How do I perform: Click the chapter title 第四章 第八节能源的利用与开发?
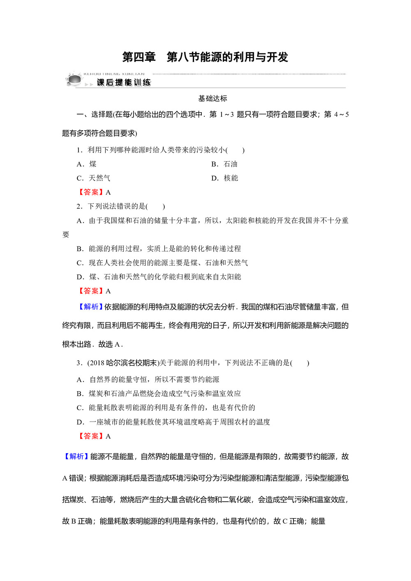coord(205,57)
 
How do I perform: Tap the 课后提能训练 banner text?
coord(124,82)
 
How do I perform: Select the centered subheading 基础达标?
coord(212,99)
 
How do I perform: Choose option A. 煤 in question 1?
coord(87,164)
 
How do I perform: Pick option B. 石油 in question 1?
coord(224,164)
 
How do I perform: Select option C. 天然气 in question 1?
coord(94,178)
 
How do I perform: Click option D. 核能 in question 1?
coord(225,178)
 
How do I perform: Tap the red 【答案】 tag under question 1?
coord(90,192)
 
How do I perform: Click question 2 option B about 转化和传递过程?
coord(159,249)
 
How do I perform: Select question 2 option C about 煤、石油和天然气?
coord(162,263)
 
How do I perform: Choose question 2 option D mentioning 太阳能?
coord(159,277)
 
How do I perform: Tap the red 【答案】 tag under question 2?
coord(90,291)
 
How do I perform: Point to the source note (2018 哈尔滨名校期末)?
coord(123,363)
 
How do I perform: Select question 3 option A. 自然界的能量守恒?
coord(148,379)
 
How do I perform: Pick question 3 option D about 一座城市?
coord(173,422)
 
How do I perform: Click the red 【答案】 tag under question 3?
coord(90,436)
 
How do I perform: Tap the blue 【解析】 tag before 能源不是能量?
coord(76,456)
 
